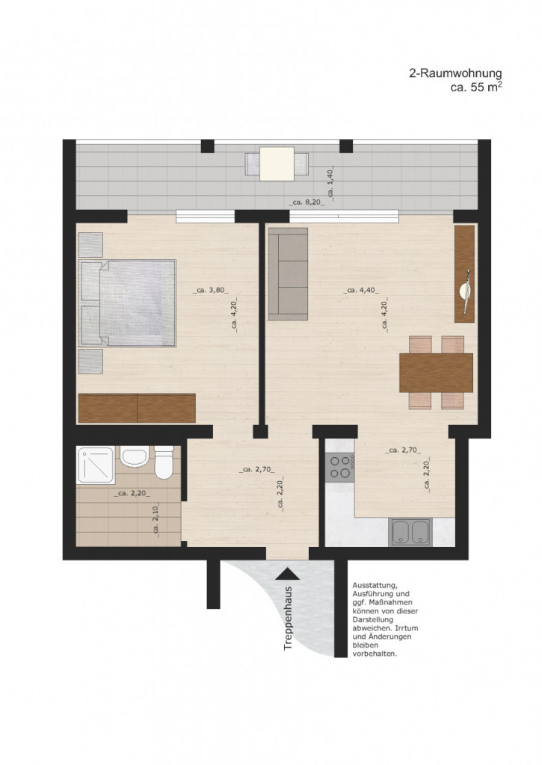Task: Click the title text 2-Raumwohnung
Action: point(455,73)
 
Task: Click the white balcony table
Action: point(277,164)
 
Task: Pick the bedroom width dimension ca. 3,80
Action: point(211,291)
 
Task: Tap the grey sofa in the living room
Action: point(288,274)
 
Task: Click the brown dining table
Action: point(436,372)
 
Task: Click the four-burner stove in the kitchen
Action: point(340,466)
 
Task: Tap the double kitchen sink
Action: point(410,532)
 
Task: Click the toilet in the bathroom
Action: point(164,463)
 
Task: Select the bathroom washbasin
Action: point(135,456)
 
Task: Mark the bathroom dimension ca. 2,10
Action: point(155,518)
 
